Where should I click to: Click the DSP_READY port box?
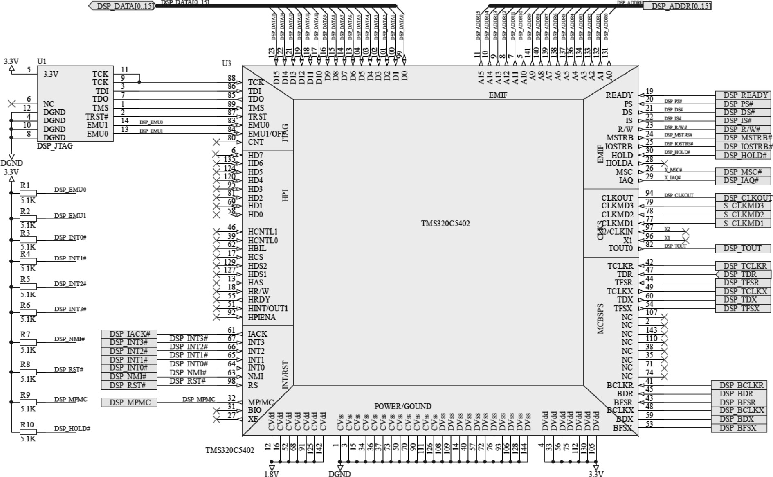(743, 95)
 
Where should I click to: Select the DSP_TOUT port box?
(743, 249)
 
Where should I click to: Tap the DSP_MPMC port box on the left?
(129, 402)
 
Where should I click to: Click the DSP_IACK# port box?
(129, 334)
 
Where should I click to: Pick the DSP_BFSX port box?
(738, 428)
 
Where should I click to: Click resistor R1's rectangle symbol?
(28, 193)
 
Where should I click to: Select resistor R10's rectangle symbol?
(28, 432)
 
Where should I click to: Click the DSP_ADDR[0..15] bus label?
(677, 6)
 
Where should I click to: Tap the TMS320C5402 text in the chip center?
(445, 224)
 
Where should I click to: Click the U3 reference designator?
(226, 63)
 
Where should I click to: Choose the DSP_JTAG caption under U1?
(55, 146)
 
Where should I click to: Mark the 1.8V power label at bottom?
(272, 474)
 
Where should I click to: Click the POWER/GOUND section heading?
(403, 406)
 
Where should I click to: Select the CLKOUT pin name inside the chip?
(617, 198)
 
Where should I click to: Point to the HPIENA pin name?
(262, 317)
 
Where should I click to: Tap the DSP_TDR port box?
(743, 274)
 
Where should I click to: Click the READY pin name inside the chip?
(619, 95)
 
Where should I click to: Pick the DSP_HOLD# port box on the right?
(743, 155)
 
